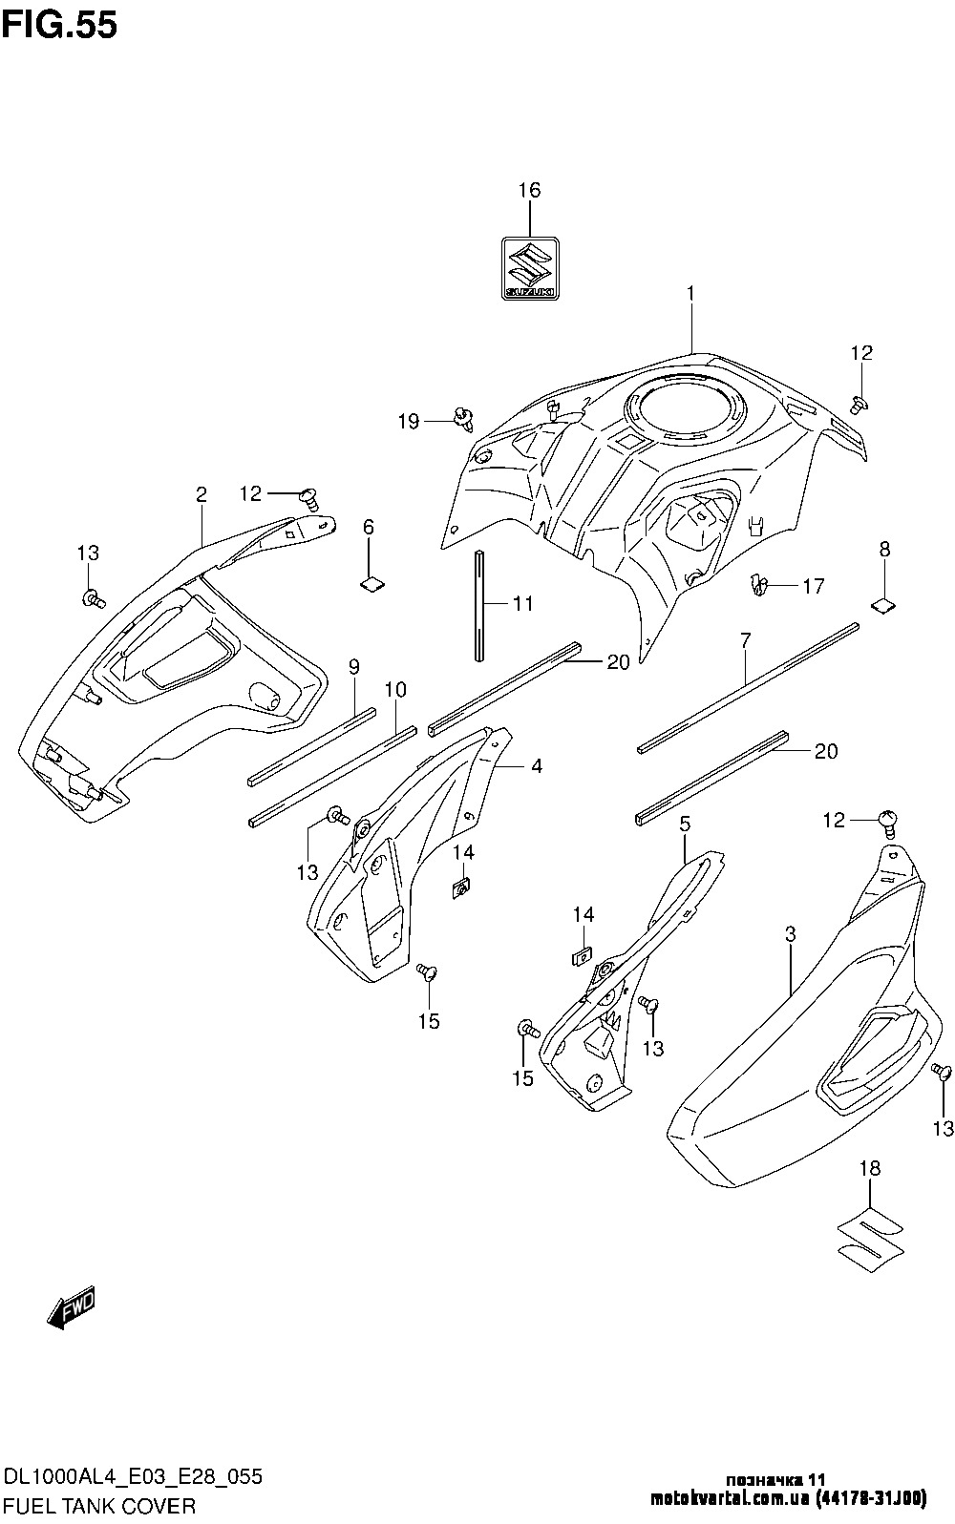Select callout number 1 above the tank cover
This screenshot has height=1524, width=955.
tap(690, 294)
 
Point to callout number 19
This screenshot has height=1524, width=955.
tap(409, 421)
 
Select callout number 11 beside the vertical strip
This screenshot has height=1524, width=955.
tap(522, 604)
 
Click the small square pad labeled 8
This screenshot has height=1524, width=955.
tap(885, 603)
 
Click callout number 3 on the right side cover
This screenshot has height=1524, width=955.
tap(791, 935)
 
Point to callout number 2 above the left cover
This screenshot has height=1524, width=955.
tap(201, 493)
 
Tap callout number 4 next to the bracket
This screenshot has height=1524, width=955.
tap(537, 765)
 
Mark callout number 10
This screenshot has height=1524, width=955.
tap(395, 689)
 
